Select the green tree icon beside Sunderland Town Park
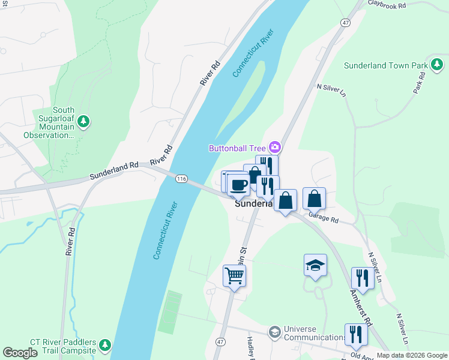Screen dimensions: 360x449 [x=437, y=64]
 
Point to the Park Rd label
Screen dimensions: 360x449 [x=418, y=83]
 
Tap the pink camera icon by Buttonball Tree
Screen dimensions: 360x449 [x=275, y=147]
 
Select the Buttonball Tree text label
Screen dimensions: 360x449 [x=238, y=148]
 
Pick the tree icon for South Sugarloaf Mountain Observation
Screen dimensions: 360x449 [x=84, y=122]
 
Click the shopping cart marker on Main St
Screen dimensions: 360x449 [x=234, y=276]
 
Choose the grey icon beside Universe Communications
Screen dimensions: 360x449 [x=274, y=332]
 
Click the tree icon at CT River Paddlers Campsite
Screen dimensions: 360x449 [x=105, y=345]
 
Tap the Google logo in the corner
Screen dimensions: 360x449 [x=20, y=352]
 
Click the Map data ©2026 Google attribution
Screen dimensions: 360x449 [x=412, y=355]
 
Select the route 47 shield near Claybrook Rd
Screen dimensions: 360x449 [x=345, y=22]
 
